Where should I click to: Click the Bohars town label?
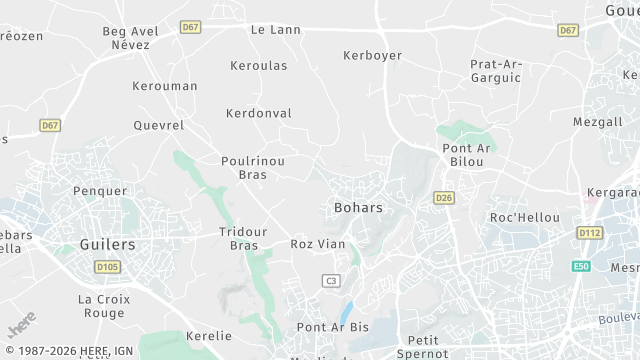pos(356,208)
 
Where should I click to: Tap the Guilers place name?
pos(107,244)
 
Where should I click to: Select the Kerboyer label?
pos(371,55)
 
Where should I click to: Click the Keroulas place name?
pos(258,66)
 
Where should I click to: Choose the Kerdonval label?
pos(258,113)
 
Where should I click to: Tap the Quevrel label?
pos(159,126)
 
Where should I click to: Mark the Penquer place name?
pos(100,191)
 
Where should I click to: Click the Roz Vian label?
pos(317,243)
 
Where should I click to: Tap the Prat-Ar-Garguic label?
pos(496,71)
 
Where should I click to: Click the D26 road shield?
pos(445,198)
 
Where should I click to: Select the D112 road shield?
pos(590,233)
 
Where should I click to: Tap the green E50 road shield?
pos(581,267)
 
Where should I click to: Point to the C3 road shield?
pos(331,281)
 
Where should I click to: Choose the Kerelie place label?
pos(208,336)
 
